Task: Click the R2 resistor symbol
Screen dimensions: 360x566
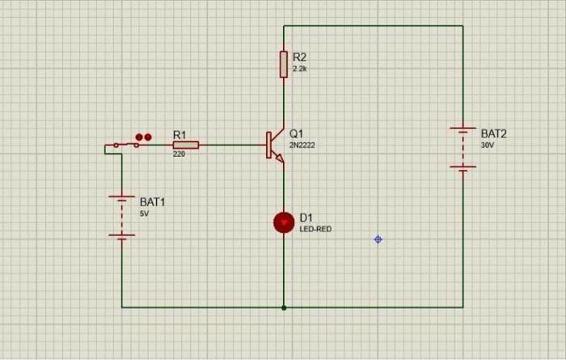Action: [x=284, y=64]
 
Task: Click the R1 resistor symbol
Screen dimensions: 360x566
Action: [x=185, y=145]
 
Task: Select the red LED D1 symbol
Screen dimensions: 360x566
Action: [x=284, y=222]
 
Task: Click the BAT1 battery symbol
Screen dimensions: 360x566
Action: [x=122, y=216]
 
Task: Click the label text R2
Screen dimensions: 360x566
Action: [x=300, y=57]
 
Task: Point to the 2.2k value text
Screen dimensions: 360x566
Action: [x=299, y=70]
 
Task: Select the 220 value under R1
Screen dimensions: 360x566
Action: [x=179, y=154]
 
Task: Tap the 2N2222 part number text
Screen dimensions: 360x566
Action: [x=302, y=146]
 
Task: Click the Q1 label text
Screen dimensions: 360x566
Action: [x=296, y=133]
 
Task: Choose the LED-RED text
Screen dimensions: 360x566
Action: [x=315, y=229]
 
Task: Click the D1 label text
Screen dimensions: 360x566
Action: [x=306, y=217]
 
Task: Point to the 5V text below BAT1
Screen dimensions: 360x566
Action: [x=144, y=214]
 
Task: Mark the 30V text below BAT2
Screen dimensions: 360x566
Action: [x=487, y=146]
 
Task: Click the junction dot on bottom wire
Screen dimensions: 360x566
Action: [x=284, y=307]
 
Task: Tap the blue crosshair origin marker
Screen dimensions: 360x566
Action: [x=378, y=239]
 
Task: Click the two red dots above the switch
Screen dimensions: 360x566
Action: [x=143, y=138]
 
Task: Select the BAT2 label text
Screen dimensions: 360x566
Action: [x=493, y=133]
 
